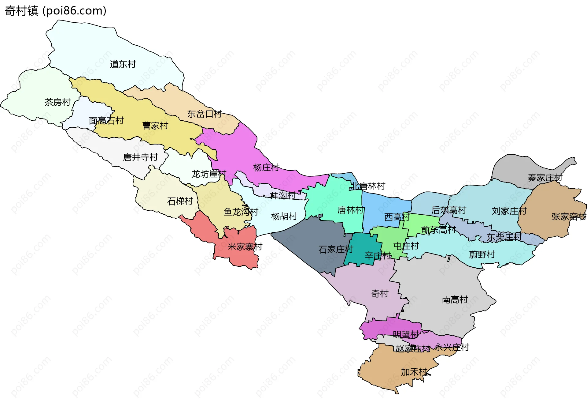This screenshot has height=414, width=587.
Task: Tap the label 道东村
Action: pyautogui.click(x=123, y=64)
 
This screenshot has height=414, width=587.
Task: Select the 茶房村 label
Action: pyautogui.click(x=57, y=102)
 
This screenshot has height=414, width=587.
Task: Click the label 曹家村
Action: pyautogui.click(x=155, y=126)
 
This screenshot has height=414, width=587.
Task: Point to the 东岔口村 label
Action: pyautogui.click(x=205, y=114)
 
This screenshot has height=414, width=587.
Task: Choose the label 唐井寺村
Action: pyautogui.click(x=140, y=157)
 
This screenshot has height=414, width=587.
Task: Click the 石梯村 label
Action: pyautogui.click(x=180, y=201)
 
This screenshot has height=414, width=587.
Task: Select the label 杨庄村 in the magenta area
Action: pyautogui.click(x=266, y=167)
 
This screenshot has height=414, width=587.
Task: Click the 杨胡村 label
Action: pyautogui.click(x=284, y=216)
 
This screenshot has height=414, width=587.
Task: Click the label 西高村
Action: pyautogui.click(x=397, y=217)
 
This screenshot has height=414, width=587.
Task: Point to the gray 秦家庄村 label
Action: pyautogui.click(x=545, y=178)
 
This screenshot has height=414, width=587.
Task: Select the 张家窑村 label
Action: pyautogui.click(x=569, y=217)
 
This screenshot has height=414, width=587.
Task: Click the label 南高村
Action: pyautogui.click(x=455, y=299)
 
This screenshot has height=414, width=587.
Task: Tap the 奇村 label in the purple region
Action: pyautogui.click(x=380, y=294)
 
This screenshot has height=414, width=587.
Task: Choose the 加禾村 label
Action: pyautogui.click(x=414, y=372)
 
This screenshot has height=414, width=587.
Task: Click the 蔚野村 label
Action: pyautogui.click(x=482, y=254)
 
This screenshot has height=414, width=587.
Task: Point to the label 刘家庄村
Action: pyautogui.click(x=509, y=211)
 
